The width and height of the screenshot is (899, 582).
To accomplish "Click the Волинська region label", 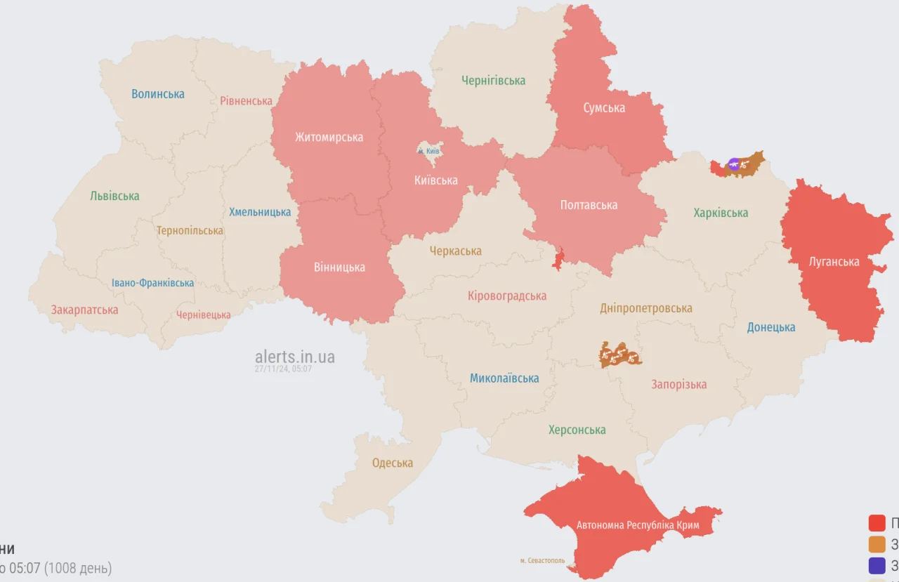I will point(158,94).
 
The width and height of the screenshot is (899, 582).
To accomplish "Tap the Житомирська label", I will point(329,137).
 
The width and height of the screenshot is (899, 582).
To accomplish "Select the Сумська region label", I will point(604,108).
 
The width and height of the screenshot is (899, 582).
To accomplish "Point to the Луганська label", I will point(834,262).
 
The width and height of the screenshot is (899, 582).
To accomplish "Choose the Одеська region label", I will point(393,463).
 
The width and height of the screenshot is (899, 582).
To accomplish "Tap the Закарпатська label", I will point(84,310).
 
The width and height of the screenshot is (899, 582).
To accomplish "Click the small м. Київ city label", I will point(428,151).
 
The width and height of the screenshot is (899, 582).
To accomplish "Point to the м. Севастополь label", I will point(542,560).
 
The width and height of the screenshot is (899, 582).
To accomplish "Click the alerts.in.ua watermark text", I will point(295,357).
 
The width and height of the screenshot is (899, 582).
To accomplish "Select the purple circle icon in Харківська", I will point(733,164).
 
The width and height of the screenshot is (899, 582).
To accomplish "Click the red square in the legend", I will point(877,523).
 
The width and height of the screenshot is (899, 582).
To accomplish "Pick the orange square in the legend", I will point(877,544).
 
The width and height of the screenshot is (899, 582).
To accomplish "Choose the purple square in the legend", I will point(877,565).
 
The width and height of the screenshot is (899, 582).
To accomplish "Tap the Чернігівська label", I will point(493,81).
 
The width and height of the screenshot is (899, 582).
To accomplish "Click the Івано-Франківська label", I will point(152,283).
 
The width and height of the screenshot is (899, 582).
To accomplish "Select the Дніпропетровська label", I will point(645,308).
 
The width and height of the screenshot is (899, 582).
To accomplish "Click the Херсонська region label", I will point(577,430).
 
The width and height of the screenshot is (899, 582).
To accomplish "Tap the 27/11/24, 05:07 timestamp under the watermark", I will point(284,369).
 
